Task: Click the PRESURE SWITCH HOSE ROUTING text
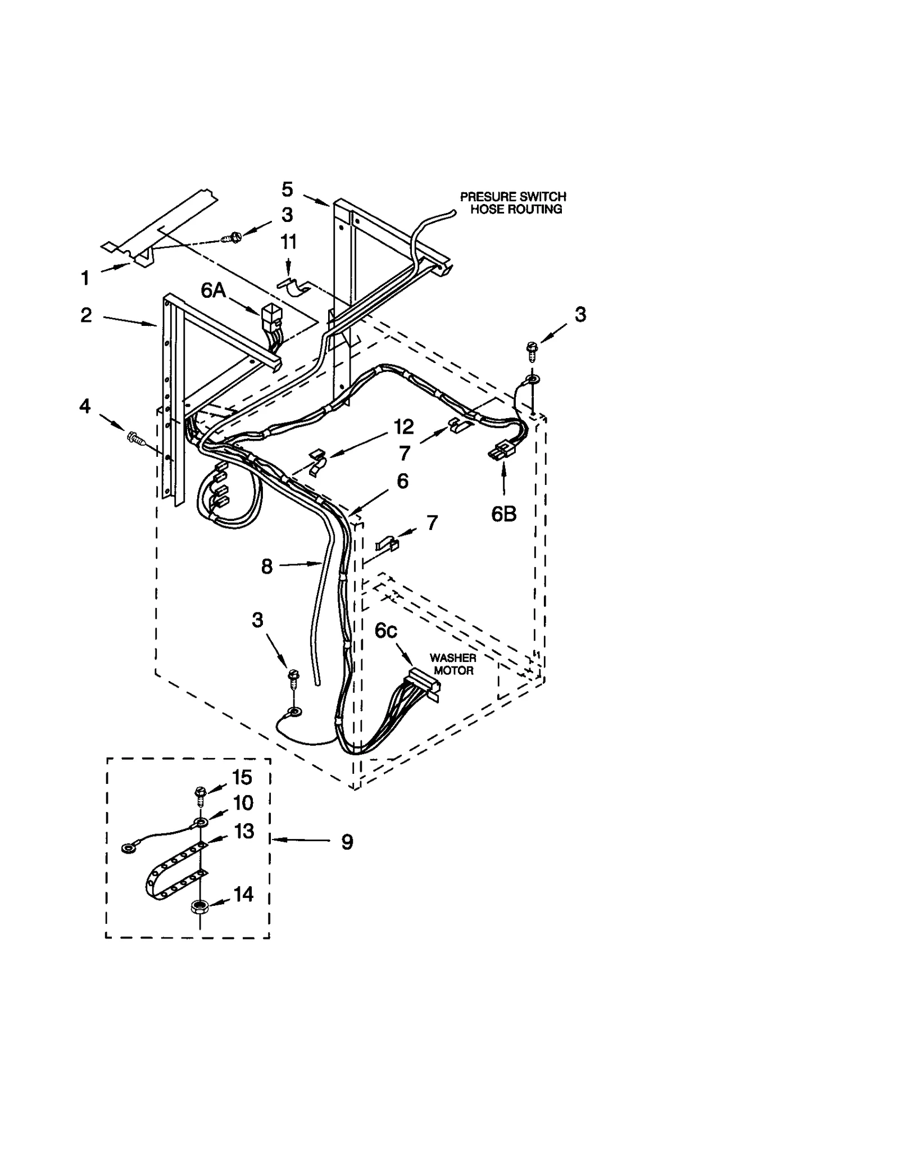(x=512, y=203)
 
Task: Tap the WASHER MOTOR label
(x=453, y=664)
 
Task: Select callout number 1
(x=85, y=278)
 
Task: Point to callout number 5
(x=287, y=189)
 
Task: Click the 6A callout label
(x=213, y=291)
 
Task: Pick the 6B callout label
(x=503, y=514)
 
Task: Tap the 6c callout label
(x=386, y=631)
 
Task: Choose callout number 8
(x=267, y=566)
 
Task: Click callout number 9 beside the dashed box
(x=347, y=842)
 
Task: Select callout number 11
(x=288, y=242)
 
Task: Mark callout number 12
(x=404, y=427)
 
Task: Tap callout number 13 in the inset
(x=244, y=831)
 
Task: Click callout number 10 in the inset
(x=243, y=803)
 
